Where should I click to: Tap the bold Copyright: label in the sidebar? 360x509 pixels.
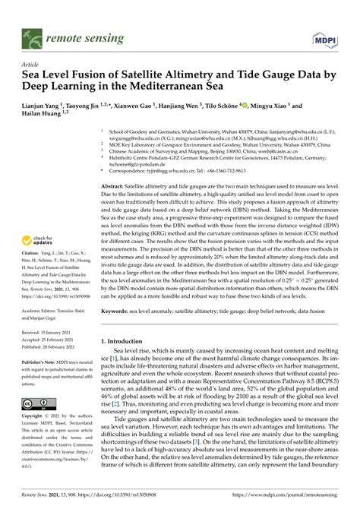[35, 418]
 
